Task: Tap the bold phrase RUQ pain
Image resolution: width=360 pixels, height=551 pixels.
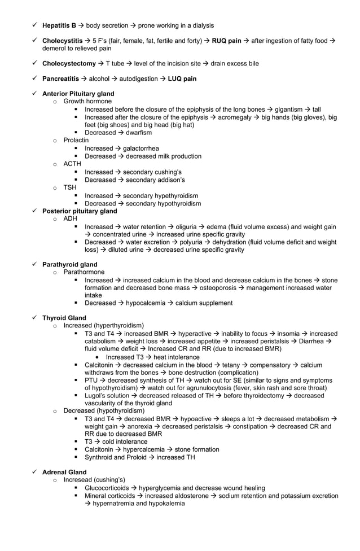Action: pyautogui.click(x=226, y=41)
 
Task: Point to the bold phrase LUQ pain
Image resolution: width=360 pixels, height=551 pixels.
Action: pyautogui.click(x=182, y=78)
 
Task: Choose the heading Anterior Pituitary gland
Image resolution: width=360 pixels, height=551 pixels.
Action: pyautogui.click(x=78, y=94)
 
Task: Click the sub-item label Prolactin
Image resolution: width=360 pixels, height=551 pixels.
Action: pyautogui.click(x=76, y=140)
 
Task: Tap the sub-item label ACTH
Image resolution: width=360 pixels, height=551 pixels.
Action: pyautogui.click(x=72, y=164)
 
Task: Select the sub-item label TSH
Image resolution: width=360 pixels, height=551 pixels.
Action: pyautogui.click(x=70, y=187)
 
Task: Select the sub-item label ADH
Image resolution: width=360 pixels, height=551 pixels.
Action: pyautogui.click(x=71, y=218)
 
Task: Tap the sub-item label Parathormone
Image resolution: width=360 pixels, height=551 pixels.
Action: pyautogui.click(x=84, y=272)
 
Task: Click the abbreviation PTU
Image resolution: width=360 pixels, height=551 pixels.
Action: pyautogui.click(x=91, y=381)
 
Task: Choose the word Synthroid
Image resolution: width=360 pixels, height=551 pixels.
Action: pyautogui.click(x=99, y=457)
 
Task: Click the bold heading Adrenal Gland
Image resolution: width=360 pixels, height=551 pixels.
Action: pyautogui.click(x=64, y=472)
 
